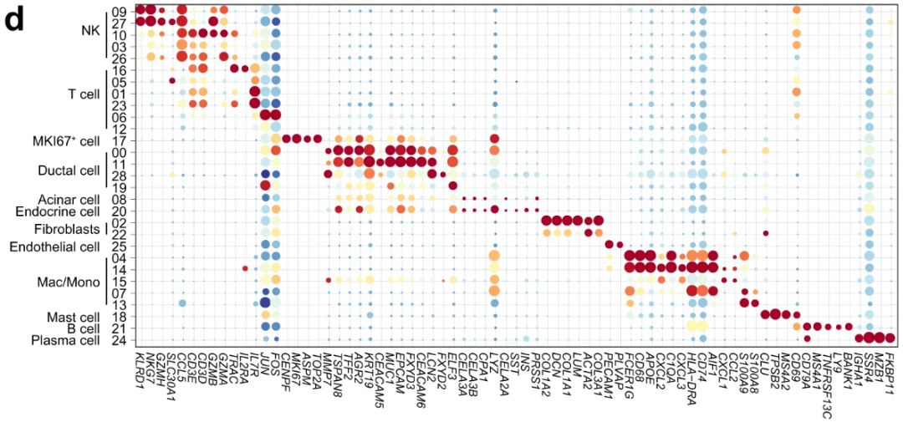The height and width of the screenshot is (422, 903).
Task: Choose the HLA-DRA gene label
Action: pyautogui.click(x=691, y=368)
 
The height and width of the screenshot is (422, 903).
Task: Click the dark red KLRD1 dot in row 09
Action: pyautogui.click(x=141, y=11)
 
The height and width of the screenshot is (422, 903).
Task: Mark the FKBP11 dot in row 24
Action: pyautogui.click(x=890, y=338)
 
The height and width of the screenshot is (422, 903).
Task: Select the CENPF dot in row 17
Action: pyautogui.click(x=287, y=139)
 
